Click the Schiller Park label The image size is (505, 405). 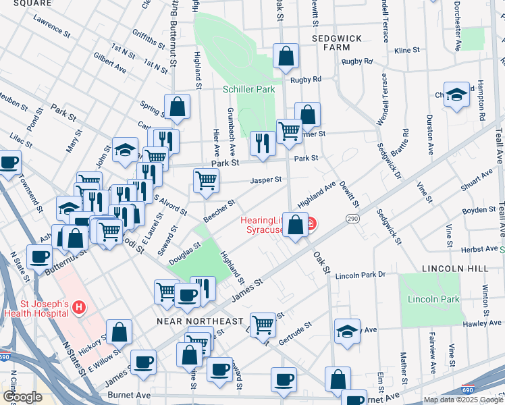click(x=248, y=89)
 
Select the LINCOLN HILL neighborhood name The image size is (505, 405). click(x=455, y=268)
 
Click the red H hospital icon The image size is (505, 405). click(x=79, y=308)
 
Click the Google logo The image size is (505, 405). click(x=22, y=397)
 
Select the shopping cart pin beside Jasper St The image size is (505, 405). click(x=206, y=180)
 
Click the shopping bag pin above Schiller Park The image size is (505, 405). click(x=286, y=57)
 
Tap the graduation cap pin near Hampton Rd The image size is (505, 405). click(x=456, y=96)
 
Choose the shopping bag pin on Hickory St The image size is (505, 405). click(x=119, y=333)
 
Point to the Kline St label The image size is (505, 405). click(x=407, y=51)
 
